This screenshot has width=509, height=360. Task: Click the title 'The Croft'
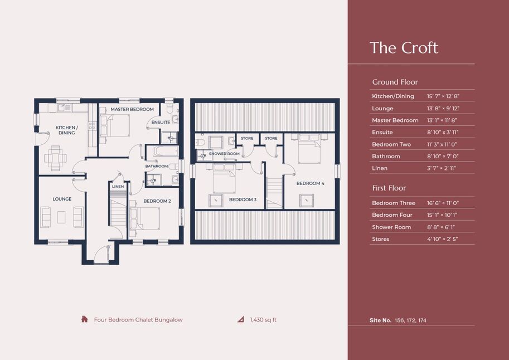click(404, 48)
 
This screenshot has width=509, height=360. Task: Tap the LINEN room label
click(118, 187)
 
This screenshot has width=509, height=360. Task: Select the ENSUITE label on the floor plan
click(161, 123)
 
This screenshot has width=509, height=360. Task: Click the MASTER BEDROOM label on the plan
click(132, 109)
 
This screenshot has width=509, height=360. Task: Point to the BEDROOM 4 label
click(311, 183)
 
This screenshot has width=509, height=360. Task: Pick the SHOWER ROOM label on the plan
click(224, 154)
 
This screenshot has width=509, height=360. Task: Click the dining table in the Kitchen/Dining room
click(56, 158)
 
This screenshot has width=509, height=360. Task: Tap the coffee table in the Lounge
click(61, 217)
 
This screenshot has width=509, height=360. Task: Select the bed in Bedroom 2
click(145, 218)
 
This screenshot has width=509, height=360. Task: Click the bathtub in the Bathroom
click(166, 151)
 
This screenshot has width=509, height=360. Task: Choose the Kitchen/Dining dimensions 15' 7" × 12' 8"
click(443, 96)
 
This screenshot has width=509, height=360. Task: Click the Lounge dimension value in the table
click(443, 109)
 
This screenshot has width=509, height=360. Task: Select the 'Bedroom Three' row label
click(394, 203)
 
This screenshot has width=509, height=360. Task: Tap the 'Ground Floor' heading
click(395, 82)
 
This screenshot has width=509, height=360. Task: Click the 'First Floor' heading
click(389, 188)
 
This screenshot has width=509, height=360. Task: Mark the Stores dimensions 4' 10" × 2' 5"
click(442, 239)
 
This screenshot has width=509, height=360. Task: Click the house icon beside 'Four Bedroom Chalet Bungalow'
click(84, 319)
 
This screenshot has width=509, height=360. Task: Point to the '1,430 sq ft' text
click(263, 320)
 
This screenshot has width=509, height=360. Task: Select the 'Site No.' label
click(380, 320)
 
